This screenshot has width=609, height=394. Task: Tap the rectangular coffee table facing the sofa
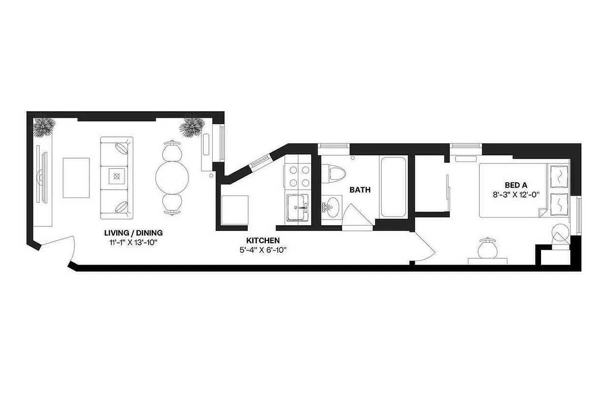tap(76, 178)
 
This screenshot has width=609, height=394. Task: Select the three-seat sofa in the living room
tap(117, 177)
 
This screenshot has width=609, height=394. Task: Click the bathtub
tap(392, 187)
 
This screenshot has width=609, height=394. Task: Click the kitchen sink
tap(298, 208)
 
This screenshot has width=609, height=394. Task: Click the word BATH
tap(360, 190)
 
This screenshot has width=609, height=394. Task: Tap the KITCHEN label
tap(263, 240)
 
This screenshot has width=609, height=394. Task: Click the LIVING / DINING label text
tap(133, 233)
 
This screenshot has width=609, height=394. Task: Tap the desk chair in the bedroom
tap(487, 246)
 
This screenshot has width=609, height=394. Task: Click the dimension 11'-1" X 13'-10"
tap(133, 242)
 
